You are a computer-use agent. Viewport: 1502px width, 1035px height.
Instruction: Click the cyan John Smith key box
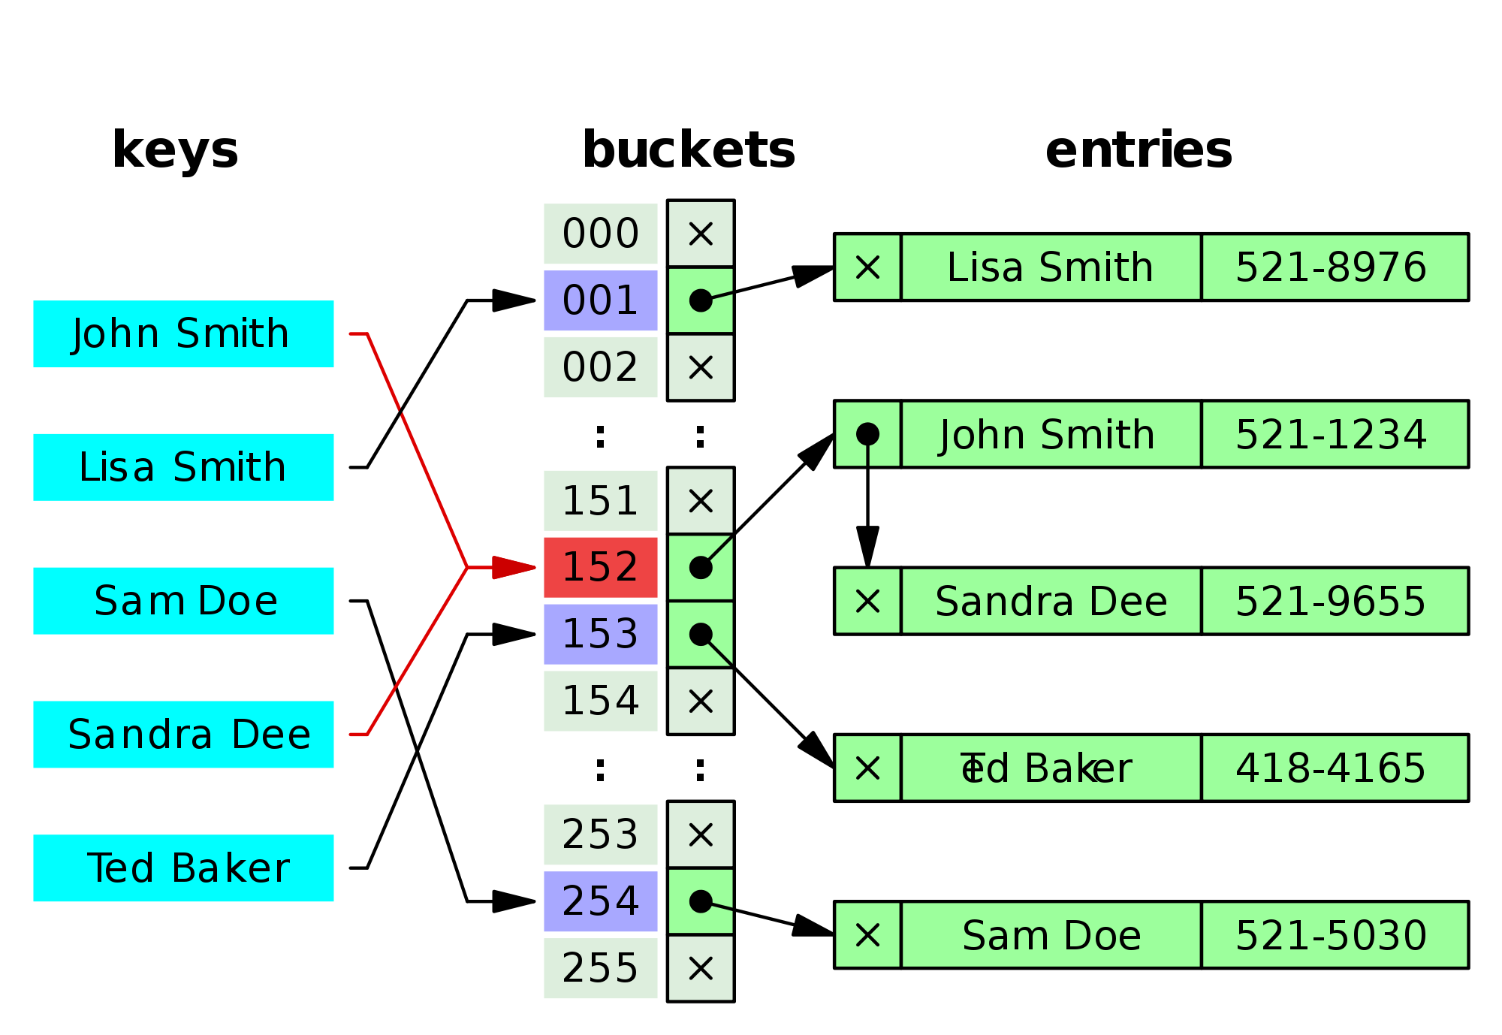[183, 333]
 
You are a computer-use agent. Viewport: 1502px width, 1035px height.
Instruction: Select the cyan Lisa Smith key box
[183, 467]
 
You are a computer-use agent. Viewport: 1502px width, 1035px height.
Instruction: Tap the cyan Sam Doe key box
[183, 601]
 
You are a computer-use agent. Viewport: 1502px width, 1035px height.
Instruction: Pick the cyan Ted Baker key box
[183, 868]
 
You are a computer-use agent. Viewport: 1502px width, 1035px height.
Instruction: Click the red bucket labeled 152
[600, 567]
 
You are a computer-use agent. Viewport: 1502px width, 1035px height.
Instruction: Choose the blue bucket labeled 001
[600, 300]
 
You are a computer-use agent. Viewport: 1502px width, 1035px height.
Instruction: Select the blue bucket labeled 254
[600, 901]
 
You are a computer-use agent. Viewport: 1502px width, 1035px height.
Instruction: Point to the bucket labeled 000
[600, 234]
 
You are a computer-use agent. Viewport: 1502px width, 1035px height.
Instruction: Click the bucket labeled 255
[600, 968]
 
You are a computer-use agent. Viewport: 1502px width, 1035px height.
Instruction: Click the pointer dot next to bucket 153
[701, 634]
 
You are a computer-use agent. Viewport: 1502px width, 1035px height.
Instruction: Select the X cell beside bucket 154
[701, 702]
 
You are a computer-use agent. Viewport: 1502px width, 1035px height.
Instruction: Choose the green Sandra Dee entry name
[1051, 601]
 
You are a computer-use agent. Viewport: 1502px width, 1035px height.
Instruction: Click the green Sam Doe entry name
[1051, 935]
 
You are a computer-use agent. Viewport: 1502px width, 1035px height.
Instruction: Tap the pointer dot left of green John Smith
[867, 433]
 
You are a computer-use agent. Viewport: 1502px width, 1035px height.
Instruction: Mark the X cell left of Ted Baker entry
[867, 768]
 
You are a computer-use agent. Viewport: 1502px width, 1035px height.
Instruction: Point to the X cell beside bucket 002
[701, 367]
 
